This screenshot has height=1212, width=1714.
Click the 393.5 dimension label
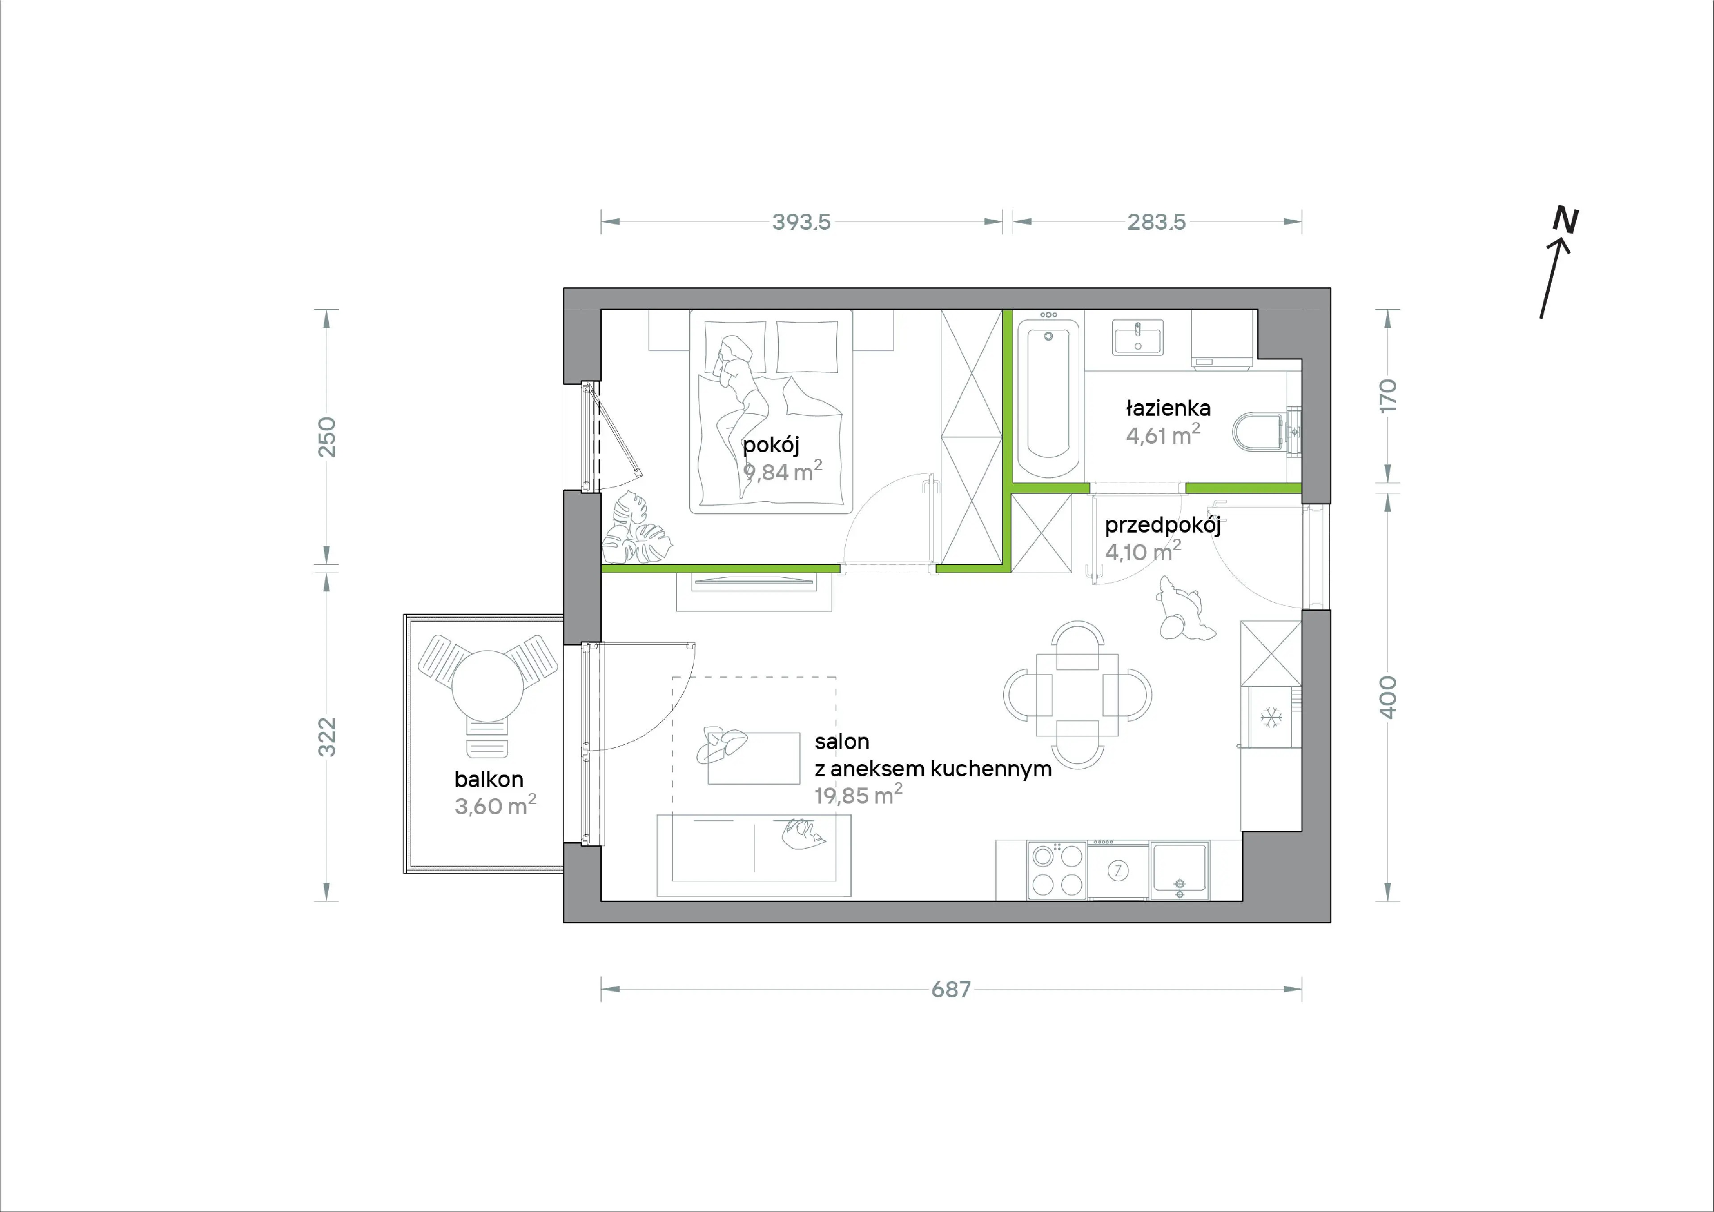coord(801,222)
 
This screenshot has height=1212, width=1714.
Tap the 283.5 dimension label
coord(1157,222)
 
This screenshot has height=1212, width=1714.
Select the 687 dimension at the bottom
coord(951,989)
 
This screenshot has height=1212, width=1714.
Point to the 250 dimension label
coord(327,437)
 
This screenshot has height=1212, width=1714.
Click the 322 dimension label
coord(327,737)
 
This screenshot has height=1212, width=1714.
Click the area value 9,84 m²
coord(782,471)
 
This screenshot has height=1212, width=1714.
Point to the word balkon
coord(489,779)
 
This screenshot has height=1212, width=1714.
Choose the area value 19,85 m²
coord(858,795)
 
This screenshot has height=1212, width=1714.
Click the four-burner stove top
coord(1057,870)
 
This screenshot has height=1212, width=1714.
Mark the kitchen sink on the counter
coord(1180,870)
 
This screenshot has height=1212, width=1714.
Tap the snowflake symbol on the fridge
coord(1271,718)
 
